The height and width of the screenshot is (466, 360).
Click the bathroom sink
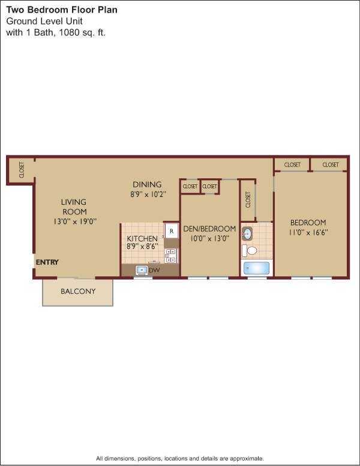tap(247, 234)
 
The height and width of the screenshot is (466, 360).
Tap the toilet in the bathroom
tap(250, 250)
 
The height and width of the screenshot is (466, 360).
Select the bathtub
tap(256, 268)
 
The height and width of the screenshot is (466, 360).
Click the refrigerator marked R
tap(172, 231)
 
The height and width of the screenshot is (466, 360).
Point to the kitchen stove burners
tap(171, 256)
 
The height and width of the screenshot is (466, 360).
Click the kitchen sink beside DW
tap(142, 270)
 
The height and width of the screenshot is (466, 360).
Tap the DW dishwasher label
tap(154, 270)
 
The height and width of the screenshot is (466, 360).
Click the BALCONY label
tap(78, 291)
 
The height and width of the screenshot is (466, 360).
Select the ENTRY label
tap(47, 262)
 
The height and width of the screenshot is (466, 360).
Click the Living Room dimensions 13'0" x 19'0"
tap(75, 222)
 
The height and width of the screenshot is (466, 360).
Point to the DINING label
tap(147, 184)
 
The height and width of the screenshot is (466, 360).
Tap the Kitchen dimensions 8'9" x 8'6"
tap(142, 246)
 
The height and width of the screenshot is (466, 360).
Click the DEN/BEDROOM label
tap(209, 229)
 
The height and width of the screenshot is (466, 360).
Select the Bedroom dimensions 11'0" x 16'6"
tap(308, 232)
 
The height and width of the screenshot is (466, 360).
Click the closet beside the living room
tap(22, 170)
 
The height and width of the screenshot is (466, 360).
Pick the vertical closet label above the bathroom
tap(248, 199)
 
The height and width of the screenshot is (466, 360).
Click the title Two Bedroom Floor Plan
tap(62, 10)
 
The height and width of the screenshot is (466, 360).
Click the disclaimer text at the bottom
tap(180, 458)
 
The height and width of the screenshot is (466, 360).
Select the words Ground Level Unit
tap(44, 21)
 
